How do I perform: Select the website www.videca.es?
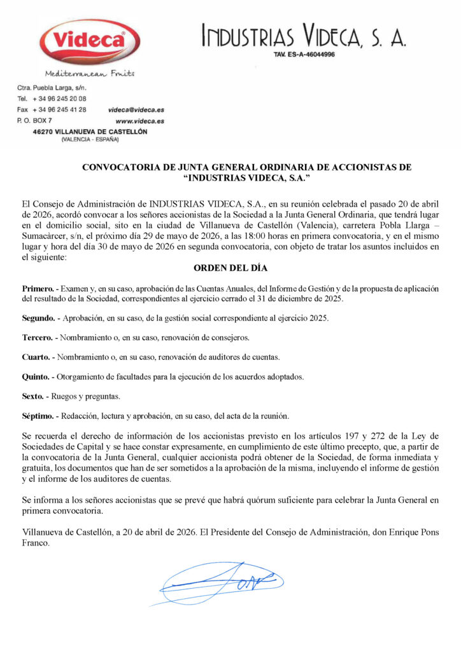point(139,120)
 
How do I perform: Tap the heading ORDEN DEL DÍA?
point(230,268)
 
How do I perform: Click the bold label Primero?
point(38,289)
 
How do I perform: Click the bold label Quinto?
point(36,376)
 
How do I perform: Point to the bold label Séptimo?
point(38,416)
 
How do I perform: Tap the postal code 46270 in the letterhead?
point(43,132)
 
